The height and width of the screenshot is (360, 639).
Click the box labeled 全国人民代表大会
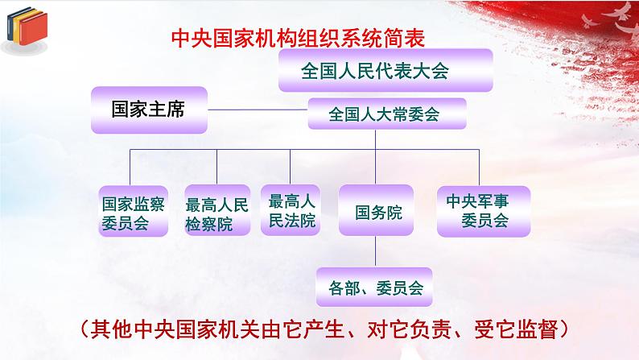(374, 70)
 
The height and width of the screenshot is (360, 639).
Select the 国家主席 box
(148, 109)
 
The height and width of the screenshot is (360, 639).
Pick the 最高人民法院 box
(291, 211)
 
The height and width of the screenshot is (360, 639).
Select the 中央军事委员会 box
(484, 210)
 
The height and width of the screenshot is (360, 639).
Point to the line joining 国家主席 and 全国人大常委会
(258, 110)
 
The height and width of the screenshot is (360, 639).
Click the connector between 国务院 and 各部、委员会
(375, 251)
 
